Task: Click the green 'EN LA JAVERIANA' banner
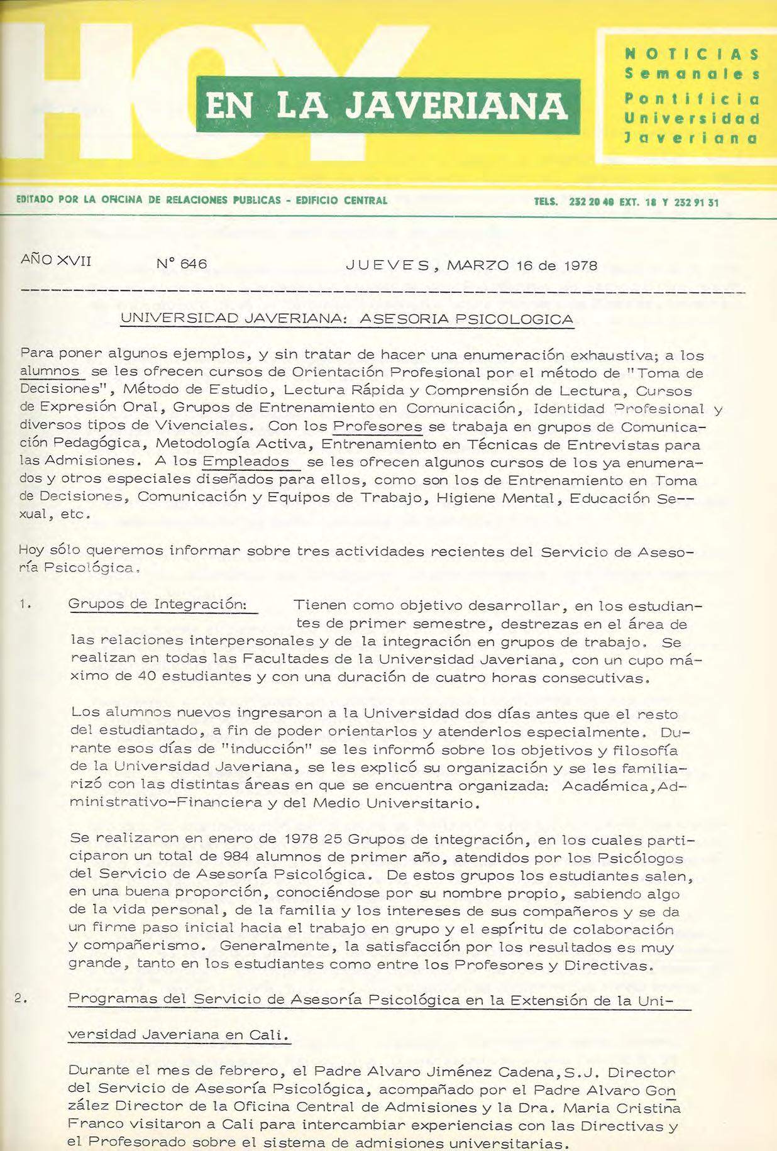coord(387,106)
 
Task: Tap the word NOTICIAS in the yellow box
coord(692,54)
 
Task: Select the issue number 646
coord(193,264)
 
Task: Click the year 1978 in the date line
coord(580,265)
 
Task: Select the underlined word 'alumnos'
coord(50,372)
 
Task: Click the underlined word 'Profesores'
coord(377,426)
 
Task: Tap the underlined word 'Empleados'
coord(245,461)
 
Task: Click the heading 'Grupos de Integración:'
coord(157,604)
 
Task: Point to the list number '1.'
coord(25,605)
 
